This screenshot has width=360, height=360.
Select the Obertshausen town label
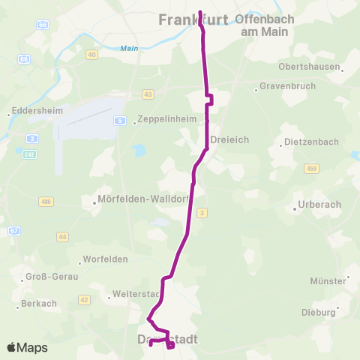[310, 66]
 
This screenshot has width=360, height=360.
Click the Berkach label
[39, 303]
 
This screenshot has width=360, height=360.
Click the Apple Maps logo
[27, 347]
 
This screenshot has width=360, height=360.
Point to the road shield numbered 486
[46, 202]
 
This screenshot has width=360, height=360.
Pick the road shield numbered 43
[148, 94]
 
